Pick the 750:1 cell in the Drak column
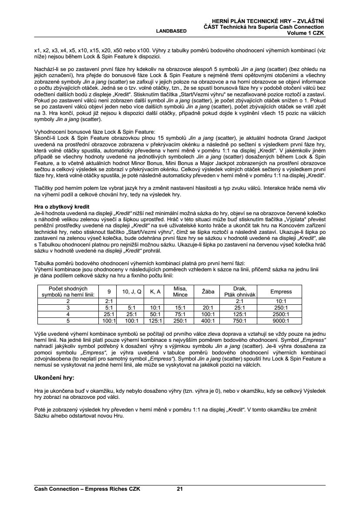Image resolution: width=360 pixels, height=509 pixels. pos(239,321)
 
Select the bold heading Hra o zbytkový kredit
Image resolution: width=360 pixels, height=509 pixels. pos(62,206)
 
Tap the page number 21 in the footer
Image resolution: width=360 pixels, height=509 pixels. pos(179,489)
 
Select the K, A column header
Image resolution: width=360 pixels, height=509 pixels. pos(155,291)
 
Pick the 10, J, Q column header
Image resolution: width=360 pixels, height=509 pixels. pos(131,291)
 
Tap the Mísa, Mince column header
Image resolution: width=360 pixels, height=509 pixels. pos(180,291)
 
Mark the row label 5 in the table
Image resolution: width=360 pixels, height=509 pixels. pos(68,321)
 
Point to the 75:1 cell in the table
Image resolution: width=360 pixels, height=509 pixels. pos(180,314)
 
